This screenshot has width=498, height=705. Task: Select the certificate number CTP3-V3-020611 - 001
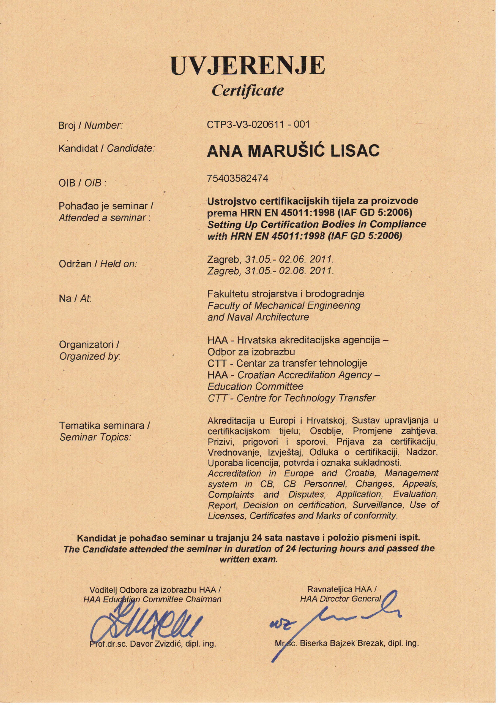258,124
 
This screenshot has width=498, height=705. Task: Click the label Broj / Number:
91,126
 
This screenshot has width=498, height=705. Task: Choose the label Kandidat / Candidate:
106,149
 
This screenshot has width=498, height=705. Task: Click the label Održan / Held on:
98,264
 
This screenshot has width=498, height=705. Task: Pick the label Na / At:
75,298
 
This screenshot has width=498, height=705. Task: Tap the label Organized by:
90,356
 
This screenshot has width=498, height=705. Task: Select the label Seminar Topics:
95,437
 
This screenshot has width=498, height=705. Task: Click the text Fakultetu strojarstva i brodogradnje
286,294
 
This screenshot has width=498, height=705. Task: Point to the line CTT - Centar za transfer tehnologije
287,363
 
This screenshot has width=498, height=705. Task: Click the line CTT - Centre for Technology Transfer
291,398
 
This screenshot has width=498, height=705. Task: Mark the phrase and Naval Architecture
258,317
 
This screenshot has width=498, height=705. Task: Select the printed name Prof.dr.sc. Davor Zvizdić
152,644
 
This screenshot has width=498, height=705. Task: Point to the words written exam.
248,559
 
